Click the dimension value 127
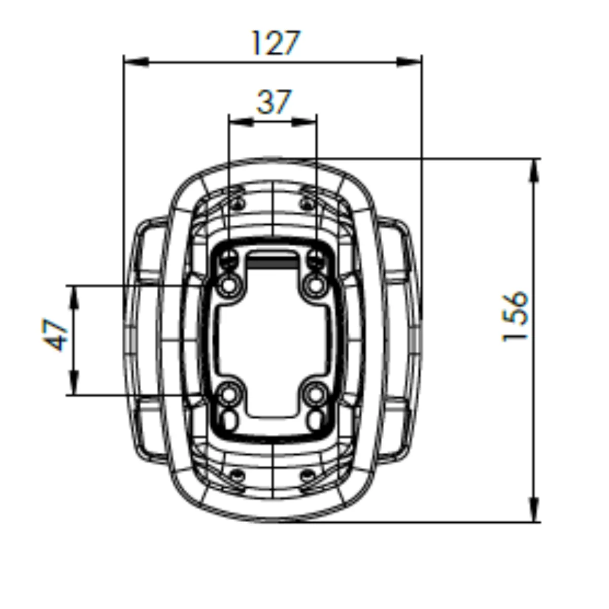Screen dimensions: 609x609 point(276,43)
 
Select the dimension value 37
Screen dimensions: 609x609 point(274,102)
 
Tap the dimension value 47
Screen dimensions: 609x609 point(56,335)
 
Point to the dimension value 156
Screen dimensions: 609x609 point(515,316)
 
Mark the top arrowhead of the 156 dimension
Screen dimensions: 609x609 point(533,170)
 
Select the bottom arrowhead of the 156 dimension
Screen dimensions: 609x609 point(533,510)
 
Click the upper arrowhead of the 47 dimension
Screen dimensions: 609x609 point(74,297)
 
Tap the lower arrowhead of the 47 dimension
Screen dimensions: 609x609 point(74,383)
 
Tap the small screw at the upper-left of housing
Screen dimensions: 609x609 point(236,204)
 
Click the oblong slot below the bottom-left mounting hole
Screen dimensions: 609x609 point(230,418)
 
